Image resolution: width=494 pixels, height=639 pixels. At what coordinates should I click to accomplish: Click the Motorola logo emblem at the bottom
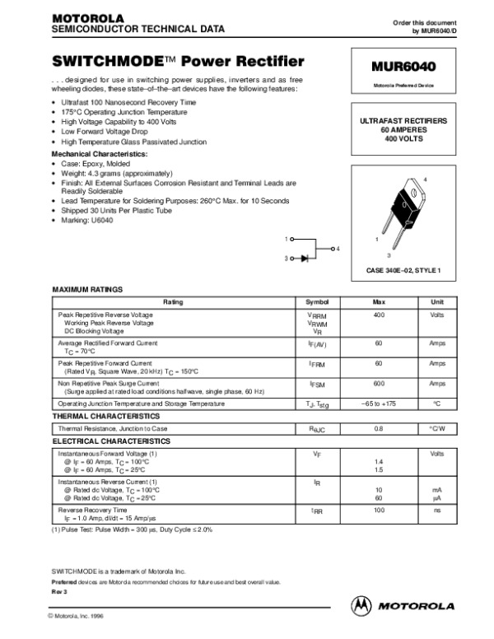pyautogui.click(x=361, y=604)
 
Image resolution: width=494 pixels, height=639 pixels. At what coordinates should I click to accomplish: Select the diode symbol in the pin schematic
pyautogui.click(x=305, y=259)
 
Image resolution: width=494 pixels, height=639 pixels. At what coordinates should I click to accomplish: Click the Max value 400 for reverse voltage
pyautogui.click(x=380, y=315)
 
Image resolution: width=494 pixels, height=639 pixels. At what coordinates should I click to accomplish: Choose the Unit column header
pyautogui.click(x=437, y=302)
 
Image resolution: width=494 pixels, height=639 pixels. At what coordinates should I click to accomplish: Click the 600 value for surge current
pyautogui.click(x=380, y=384)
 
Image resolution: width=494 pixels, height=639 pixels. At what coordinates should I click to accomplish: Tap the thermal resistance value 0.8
pyautogui.click(x=380, y=429)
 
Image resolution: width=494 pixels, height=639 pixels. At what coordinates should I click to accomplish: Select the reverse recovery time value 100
pyautogui.click(x=380, y=511)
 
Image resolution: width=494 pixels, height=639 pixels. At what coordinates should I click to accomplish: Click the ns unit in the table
pyautogui.click(x=437, y=511)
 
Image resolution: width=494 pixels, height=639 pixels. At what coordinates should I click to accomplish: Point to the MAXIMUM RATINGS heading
pyautogui.click(x=87, y=290)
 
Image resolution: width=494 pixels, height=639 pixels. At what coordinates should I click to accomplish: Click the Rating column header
pyautogui.click(x=173, y=302)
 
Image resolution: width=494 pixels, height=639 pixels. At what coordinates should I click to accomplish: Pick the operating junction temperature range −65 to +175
pyautogui.click(x=380, y=403)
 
